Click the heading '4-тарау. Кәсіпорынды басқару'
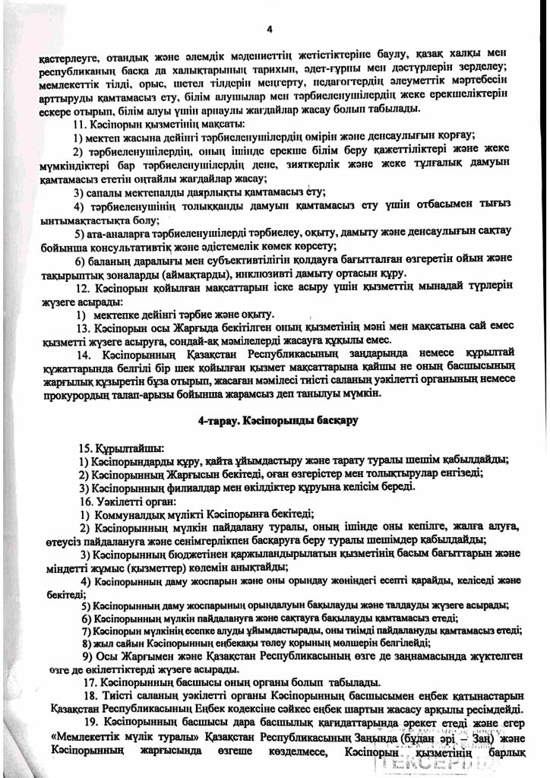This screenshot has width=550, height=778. point(274,420)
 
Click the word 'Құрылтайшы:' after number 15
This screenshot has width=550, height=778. point(127,450)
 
